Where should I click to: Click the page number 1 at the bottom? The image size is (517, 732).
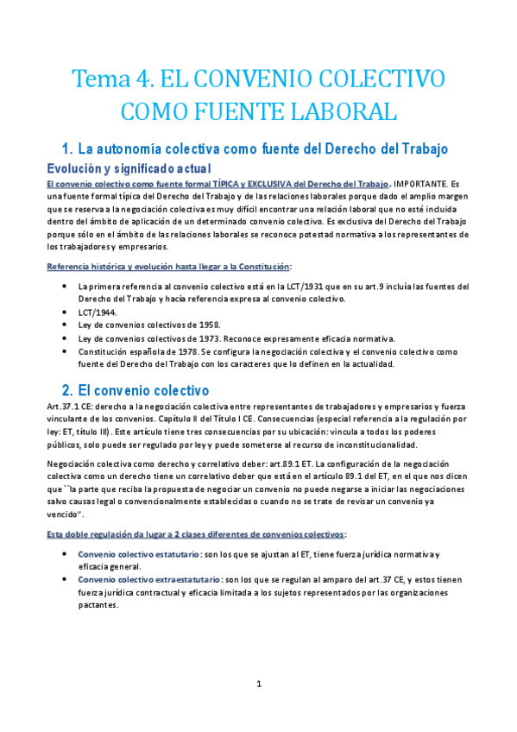[x=258, y=685]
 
